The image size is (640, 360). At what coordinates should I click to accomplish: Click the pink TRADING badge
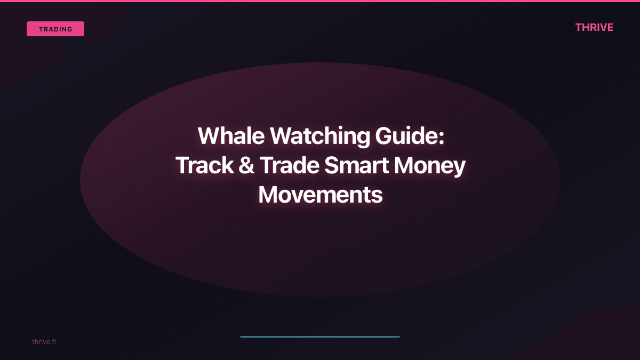click(55, 29)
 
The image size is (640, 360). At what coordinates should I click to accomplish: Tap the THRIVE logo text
click(594, 27)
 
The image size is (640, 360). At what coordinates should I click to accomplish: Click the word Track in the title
click(204, 166)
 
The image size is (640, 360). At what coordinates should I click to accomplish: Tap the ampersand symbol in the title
click(246, 166)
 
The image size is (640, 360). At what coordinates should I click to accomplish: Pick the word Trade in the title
click(289, 166)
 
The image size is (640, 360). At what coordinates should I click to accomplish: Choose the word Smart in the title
click(356, 166)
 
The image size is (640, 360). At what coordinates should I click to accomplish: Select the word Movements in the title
click(320, 195)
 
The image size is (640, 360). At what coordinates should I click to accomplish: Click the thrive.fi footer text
click(44, 341)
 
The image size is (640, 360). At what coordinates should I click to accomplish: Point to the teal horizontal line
click(320, 337)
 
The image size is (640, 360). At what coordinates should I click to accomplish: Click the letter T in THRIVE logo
click(579, 27)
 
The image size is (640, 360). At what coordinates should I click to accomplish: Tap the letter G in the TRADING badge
click(70, 29)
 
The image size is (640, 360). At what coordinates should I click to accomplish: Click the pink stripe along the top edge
click(320, 1)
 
